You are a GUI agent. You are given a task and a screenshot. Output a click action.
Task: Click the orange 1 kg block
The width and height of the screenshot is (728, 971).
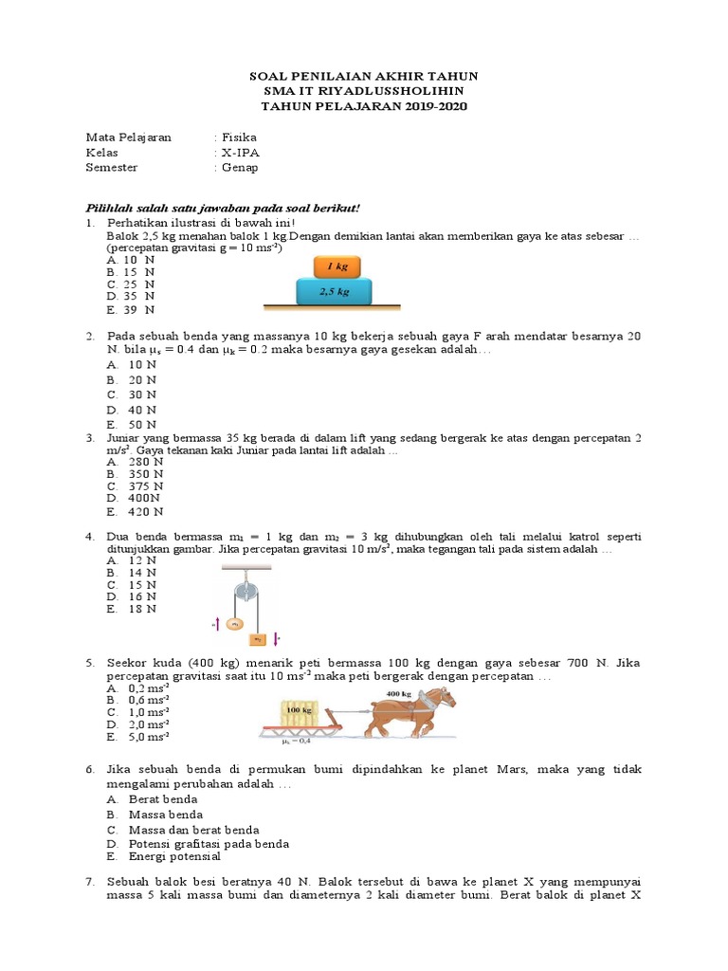[334, 267]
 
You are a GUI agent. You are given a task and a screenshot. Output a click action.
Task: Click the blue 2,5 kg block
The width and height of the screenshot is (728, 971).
[334, 292]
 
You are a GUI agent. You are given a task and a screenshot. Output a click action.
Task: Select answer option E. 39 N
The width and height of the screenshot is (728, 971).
[131, 310]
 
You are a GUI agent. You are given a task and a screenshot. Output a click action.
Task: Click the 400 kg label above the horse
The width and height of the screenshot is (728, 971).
[399, 693]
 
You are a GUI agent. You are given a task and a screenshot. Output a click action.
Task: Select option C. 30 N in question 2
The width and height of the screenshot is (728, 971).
[131, 394]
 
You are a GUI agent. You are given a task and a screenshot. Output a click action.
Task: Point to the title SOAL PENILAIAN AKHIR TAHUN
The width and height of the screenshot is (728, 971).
[363, 76]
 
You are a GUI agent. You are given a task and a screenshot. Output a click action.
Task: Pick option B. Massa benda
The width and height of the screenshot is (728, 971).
[155, 815]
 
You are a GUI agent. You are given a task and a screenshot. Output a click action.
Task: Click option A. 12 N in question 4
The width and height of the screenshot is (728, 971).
[132, 560]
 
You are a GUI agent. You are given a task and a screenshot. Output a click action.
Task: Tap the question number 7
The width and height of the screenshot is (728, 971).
[89, 882]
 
